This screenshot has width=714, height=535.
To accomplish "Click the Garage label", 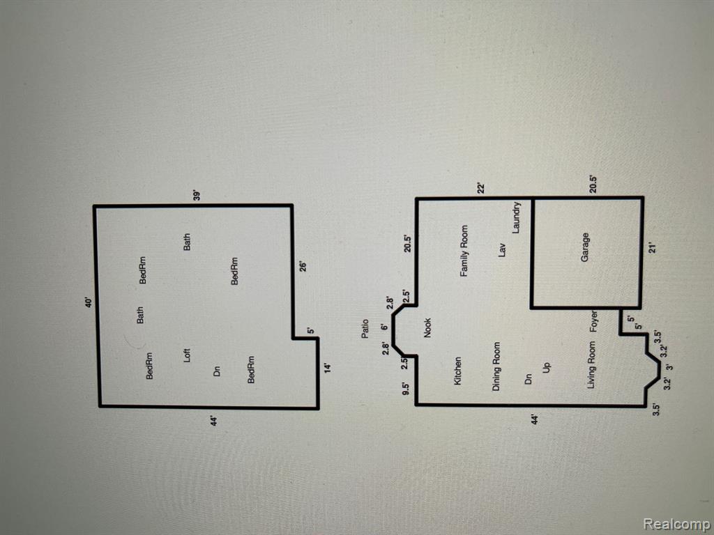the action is click(x=585, y=247).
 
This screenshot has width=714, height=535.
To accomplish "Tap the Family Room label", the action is click(x=464, y=251).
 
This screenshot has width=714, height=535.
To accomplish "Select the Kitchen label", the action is click(x=457, y=371).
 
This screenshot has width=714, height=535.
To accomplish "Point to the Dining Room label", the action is click(x=496, y=366).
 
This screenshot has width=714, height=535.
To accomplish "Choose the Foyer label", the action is click(x=593, y=322).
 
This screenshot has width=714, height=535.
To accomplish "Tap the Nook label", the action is click(x=427, y=327).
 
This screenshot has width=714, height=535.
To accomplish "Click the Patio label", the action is click(x=365, y=329).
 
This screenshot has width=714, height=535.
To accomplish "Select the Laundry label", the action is click(x=516, y=217).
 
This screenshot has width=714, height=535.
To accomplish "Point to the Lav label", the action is click(x=502, y=250).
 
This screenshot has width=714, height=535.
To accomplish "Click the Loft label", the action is click(x=186, y=355).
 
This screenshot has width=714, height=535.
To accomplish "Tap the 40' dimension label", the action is click(x=89, y=302).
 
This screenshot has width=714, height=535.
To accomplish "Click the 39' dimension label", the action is click(x=197, y=196).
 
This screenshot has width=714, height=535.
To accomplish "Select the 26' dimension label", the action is click(x=303, y=265).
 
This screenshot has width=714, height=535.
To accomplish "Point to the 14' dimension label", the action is click(x=328, y=367).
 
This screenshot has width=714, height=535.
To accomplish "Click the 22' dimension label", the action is click(x=482, y=188).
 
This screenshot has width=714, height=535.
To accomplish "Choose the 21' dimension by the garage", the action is click(x=653, y=249).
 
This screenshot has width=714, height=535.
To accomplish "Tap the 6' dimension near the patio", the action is click(x=385, y=327).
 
